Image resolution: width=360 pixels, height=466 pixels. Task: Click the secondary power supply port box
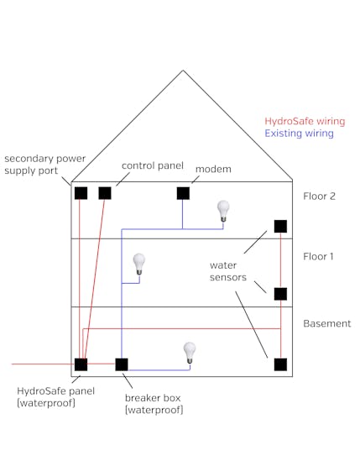(81, 193)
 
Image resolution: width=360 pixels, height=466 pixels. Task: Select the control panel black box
(105, 193)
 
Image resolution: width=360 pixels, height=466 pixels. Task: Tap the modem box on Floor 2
(183, 193)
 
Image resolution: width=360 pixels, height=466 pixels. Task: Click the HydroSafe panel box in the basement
(81, 364)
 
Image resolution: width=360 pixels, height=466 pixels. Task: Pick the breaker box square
(122, 364)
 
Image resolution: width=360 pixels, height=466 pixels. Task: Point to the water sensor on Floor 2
(280, 227)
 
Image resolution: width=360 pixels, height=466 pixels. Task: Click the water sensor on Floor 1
(280, 294)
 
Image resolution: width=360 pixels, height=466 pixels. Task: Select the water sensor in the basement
(280, 364)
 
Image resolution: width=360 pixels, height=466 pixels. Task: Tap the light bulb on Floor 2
(223, 211)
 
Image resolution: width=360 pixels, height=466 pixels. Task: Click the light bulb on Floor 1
(139, 264)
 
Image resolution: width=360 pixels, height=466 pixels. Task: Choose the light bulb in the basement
(190, 353)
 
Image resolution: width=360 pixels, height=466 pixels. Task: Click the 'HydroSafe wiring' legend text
(305, 121)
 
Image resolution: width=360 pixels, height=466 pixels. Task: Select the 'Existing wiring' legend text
(299, 134)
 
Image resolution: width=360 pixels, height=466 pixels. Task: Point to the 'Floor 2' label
(320, 196)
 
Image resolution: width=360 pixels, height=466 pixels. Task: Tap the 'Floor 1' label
(318, 256)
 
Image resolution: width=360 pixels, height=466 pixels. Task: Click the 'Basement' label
(327, 323)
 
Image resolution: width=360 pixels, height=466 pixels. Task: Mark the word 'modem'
(213, 169)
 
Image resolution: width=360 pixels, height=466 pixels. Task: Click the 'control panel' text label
(153, 166)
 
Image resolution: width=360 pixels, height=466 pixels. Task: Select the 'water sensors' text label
(228, 271)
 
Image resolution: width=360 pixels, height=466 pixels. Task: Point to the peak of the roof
(183, 71)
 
